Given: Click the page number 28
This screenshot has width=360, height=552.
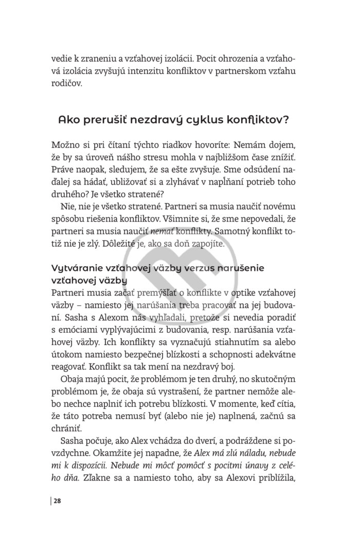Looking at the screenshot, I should [58, 502].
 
